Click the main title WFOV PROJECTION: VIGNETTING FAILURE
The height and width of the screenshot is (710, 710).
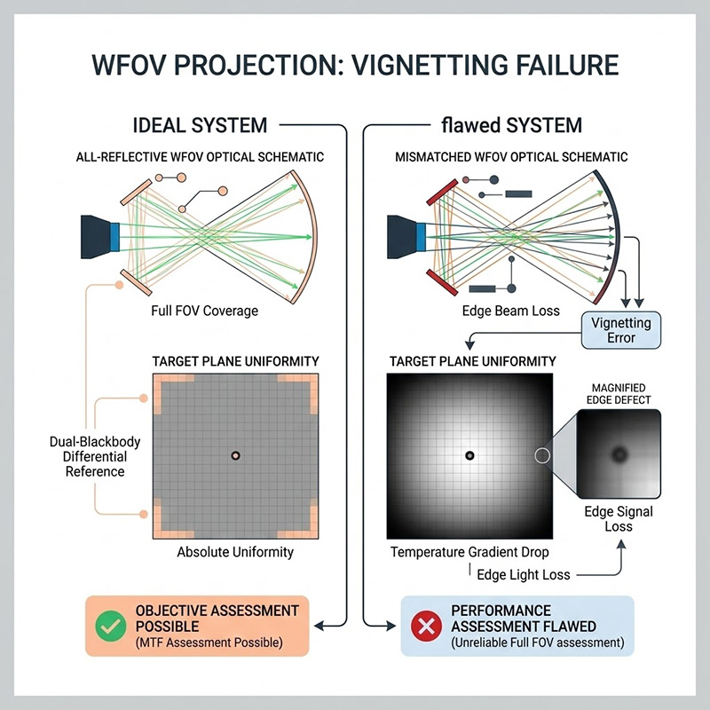click(x=354, y=67)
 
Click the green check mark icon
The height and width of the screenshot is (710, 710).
click(x=111, y=626)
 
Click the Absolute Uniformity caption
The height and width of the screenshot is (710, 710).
click(x=234, y=552)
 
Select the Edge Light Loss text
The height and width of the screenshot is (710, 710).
click(x=524, y=575)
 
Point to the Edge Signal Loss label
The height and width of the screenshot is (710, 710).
click(x=619, y=519)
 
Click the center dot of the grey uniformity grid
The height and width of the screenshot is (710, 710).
click(x=235, y=455)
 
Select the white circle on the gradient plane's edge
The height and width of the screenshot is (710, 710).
click(x=542, y=455)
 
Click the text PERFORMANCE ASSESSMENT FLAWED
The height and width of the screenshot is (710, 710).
click(x=518, y=619)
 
